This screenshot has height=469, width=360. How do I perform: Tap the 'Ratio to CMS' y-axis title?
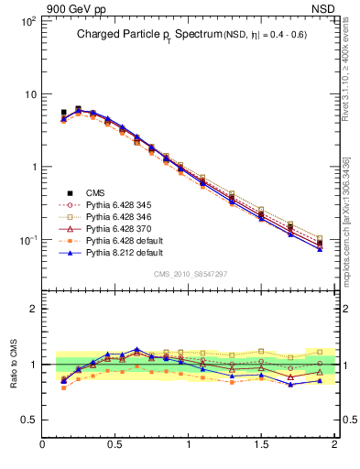pyautogui.click(x=16, y=364)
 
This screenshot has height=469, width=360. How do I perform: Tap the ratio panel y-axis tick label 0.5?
pyautogui.click(x=29, y=420)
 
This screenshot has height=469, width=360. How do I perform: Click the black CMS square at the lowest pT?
pyautogui.click(x=63, y=113)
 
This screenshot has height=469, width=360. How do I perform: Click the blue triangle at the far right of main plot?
pyautogui.click(x=320, y=248)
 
